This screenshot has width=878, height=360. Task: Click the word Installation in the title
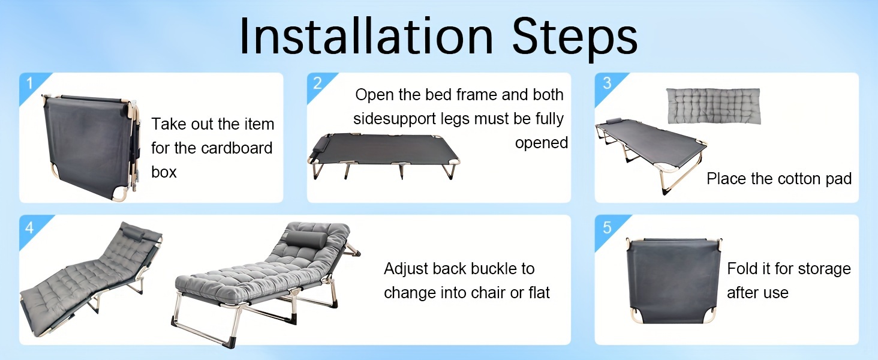coord(366,36)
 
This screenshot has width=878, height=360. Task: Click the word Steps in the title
coord(575,38)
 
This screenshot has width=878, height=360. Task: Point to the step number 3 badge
coord(607,83)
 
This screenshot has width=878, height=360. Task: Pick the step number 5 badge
coord(607,227)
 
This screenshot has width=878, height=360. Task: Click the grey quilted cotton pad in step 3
coord(714,106)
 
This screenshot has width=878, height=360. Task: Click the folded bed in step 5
coord(673,280)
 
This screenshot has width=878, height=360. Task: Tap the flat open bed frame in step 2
coord(383,155)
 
